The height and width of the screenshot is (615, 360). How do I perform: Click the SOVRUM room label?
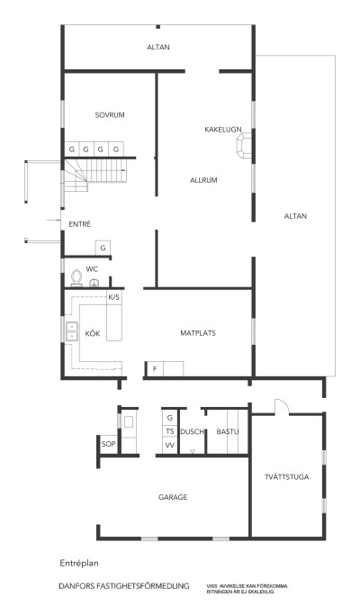pyautogui.click(x=109, y=115)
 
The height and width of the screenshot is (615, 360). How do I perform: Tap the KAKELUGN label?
pyautogui.click(x=223, y=130)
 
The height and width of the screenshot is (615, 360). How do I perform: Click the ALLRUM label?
pyautogui.click(x=204, y=180)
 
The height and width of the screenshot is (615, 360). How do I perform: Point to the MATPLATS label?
pyautogui.click(x=197, y=333)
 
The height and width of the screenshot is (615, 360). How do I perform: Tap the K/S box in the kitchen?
pyautogui.click(x=113, y=296)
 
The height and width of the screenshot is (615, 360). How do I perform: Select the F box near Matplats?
pyautogui.click(x=154, y=368)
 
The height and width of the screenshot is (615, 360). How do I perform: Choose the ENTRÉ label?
pyautogui.click(x=80, y=223)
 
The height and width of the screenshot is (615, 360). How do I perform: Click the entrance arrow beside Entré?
pyautogui.click(x=50, y=218)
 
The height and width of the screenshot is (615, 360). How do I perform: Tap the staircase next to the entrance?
pyautogui.click(x=104, y=170)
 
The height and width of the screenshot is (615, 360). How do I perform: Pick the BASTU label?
pyautogui.click(x=227, y=433)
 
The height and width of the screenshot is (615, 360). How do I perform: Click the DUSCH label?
pyautogui.click(x=192, y=432)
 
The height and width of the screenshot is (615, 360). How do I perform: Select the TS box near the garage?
pyautogui.click(x=169, y=432)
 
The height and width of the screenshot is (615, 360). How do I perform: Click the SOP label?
pyautogui.click(x=108, y=445)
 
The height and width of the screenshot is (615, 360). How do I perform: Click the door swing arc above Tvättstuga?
pyautogui.click(x=281, y=408)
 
